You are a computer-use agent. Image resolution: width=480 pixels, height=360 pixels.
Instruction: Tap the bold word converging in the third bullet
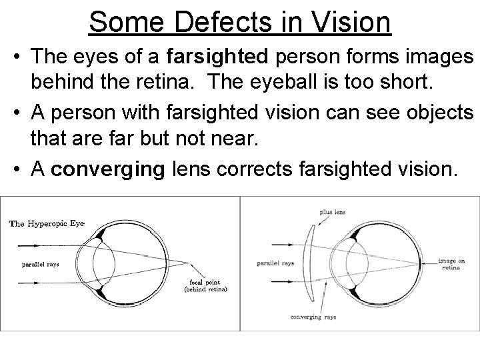107,169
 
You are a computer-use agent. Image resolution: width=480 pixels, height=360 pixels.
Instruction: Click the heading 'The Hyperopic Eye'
47,223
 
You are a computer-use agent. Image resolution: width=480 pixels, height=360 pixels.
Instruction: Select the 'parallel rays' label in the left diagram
40,264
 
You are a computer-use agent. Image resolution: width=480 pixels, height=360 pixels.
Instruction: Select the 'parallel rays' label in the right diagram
275,263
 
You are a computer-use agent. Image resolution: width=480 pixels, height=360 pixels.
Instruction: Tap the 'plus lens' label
331,212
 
